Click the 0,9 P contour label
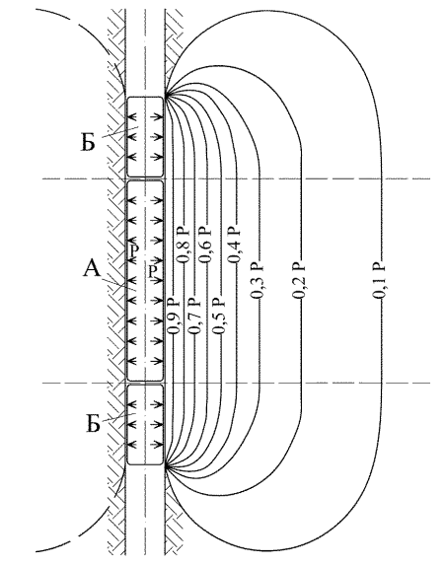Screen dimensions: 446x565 click(x=174, y=316)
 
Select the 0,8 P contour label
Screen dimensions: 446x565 click(x=183, y=245)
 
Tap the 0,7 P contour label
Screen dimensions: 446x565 click(x=194, y=316)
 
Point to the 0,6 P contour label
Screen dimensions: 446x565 click(x=206, y=245)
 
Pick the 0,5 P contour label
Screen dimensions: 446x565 click(x=219, y=316)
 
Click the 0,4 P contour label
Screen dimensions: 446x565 click(x=234, y=245)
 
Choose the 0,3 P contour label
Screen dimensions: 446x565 click(x=258, y=281)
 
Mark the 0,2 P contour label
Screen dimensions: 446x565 click(x=299, y=281)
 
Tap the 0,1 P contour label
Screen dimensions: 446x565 click(x=379, y=280)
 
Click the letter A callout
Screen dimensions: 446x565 click(x=92, y=269)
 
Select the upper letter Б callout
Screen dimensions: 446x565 click(x=88, y=142)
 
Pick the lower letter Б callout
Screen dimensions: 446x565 click(x=94, y=424)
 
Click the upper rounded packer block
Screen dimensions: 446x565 click(x=145, y=137)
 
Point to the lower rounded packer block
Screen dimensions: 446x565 click(x=145, y=424)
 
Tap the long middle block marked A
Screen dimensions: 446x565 click(x=145, y=281)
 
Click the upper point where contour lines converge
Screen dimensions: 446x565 click(x=166, y=95)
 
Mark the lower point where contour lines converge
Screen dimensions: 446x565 click(x=166, y=467)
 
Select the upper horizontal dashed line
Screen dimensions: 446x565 click(x=236, y=178)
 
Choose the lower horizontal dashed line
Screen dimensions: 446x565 click(x=236, y=383)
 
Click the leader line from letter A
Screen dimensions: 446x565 click(x=117, y=285)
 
